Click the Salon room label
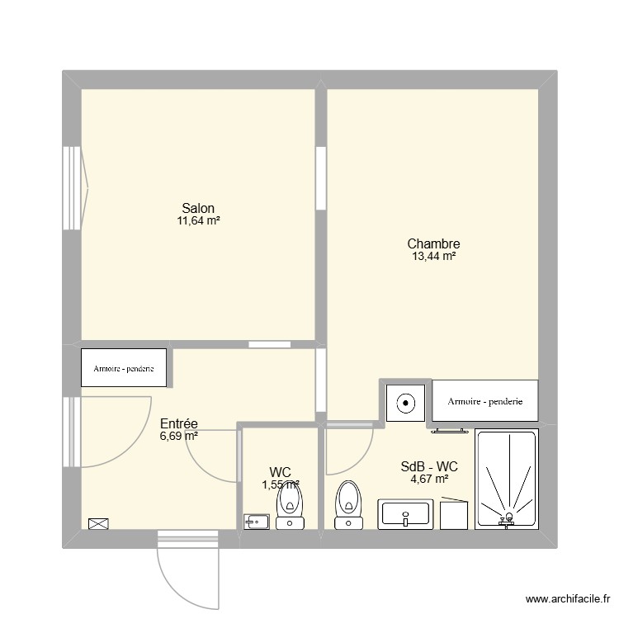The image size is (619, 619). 198,208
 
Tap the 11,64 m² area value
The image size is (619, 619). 198,221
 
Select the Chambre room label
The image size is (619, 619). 433,243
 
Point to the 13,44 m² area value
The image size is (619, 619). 433,257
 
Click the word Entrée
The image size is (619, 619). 179,423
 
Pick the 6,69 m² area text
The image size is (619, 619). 179,436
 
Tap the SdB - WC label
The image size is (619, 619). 429,466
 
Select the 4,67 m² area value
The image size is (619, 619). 429,479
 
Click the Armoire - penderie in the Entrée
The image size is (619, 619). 124,369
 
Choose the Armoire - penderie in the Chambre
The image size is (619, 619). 485,402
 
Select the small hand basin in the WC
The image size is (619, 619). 257,521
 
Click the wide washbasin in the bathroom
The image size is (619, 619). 404,514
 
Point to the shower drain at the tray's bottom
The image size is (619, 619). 508,518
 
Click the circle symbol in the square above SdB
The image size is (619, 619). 405,404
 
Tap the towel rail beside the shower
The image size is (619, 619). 450,430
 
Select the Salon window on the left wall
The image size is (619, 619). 73,190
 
